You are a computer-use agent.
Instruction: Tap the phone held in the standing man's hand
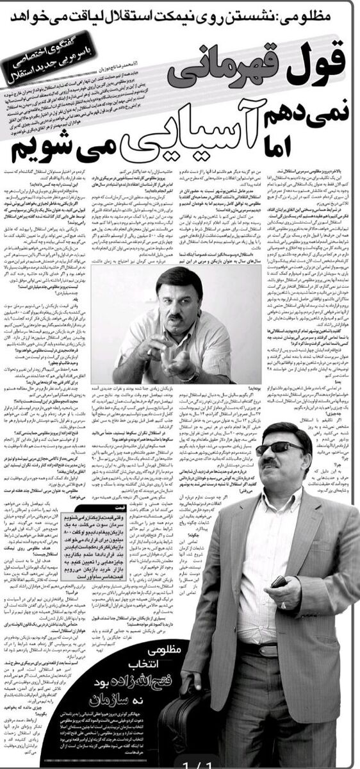(x=279, y=581)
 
